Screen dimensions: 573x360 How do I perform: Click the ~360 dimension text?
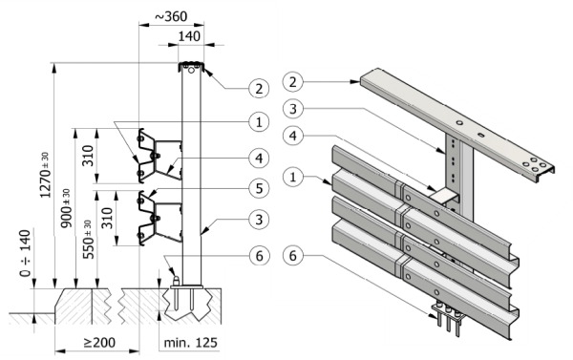(x=171, y=16)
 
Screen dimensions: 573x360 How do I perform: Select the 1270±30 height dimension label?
(x=45, y=176)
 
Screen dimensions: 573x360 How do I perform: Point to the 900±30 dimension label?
(x=66, y=208)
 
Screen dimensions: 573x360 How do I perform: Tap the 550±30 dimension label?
(x=88, y=240)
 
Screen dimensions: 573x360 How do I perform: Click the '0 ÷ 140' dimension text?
(x=25, y=253)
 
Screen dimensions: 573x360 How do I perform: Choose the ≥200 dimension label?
(x=99, y=343)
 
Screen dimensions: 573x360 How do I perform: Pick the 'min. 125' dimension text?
(x=190, y=343)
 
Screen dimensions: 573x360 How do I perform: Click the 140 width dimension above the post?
(x=189, y=36)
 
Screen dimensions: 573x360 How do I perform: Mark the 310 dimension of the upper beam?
(x=88, y=156)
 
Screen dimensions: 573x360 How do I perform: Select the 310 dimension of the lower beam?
(x=107, y=218)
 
